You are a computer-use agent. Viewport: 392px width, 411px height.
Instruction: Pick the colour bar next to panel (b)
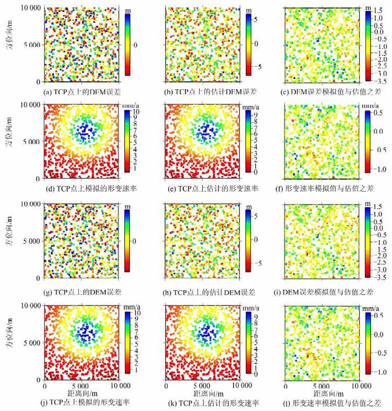[x=248, y=44]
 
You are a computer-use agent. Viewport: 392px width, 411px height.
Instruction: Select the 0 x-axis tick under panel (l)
[x=285, y=386]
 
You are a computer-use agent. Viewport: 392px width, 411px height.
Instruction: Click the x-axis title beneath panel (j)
[x=82, y=393]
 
